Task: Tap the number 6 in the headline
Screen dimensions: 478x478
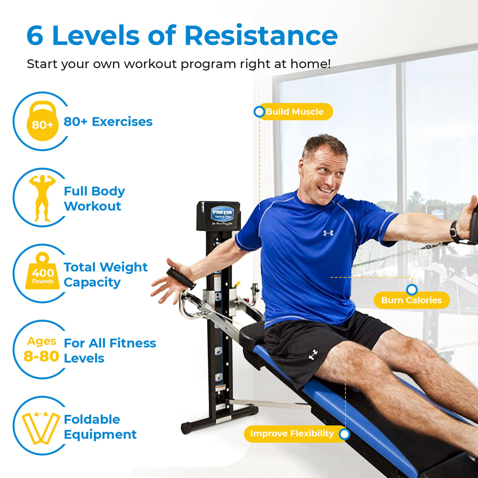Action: coord(35,36)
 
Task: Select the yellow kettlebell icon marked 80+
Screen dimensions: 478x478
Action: coord(42,121)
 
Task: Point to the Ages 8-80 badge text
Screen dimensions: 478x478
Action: coord(42,349)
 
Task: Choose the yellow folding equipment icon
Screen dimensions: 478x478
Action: coord(41,427)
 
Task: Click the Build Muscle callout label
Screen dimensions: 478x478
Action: coord(295,112)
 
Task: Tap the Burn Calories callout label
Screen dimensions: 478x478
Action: coord(412,300)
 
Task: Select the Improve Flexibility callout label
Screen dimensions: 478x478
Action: coord(292,434)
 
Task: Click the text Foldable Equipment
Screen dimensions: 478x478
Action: coord(100,427)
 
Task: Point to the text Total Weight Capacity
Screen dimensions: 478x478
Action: coord(105,274)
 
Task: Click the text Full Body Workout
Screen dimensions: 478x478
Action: coord(94,198)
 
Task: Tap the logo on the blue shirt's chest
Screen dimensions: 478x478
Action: coord(328,233)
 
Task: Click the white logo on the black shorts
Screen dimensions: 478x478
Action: coord(313,355)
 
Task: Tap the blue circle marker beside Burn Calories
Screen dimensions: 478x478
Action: coord(412,290)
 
